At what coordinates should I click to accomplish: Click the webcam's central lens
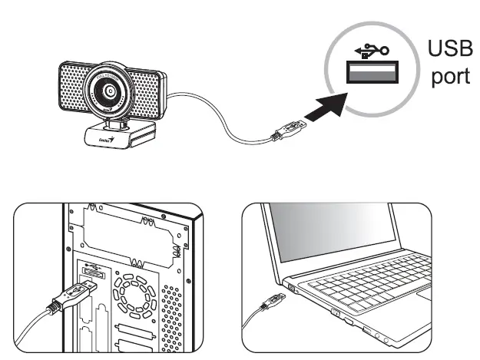tap(111, 90)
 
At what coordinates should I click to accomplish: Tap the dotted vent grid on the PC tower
tap(173, 315)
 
